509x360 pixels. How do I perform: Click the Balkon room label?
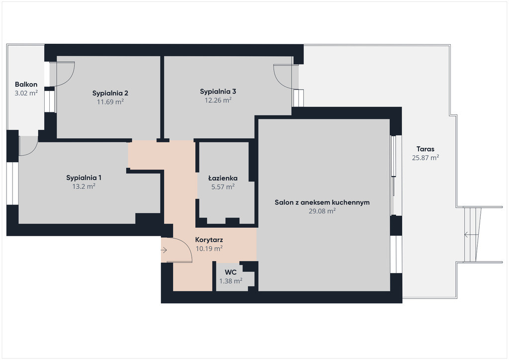pyautogui.click(x=26, y=85)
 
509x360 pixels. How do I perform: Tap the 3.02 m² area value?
pyautogui.click(x=26, y=93)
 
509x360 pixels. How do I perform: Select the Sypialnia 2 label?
pyautogui.click(x=110, y=93)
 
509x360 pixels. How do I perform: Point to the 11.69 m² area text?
pyautogui.click(x=110, y=102)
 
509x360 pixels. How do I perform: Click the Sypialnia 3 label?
pyautogui.click(x=218, y=91)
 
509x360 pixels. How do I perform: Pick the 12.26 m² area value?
pyautogui.click(x=218, y=100)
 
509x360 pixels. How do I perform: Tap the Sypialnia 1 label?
pyautogui.click(x=84, y=178)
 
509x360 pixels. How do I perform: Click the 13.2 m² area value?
pyautogui.click(x=84, y=186)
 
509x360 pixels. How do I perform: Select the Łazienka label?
pyautogui.click(x=223, y=178)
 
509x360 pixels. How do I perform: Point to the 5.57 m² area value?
pyautogui.click(x=223, y=187)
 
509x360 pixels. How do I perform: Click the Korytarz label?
pyautogui.click(x=209, y=240)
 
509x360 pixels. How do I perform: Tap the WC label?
pyautogui.click(x=231, y=272)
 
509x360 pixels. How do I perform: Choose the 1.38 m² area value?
pyautogui.click(x=231, y=281)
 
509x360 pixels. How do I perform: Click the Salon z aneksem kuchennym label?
pyautogui.click(x=322, y=202)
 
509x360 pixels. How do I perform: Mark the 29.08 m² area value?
pyautogui.click(x=322, y=211)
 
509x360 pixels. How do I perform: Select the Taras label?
pyautogui.click(x=425, y=149)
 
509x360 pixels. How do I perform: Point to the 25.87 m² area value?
pyautogui.click(x=425, y=158)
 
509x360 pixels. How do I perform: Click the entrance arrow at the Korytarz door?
pyautogui.click(x=164, y=250)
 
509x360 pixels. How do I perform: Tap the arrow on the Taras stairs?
pyautogui.click(x=471, y=234)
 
